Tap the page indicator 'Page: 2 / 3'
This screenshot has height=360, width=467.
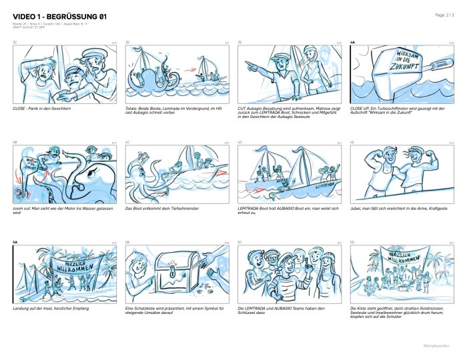click(444, 14)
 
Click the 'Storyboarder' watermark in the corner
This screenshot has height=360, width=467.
click(437, 346)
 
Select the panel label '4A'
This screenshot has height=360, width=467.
click(353, 42)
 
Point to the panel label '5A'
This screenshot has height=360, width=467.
click(15, 242)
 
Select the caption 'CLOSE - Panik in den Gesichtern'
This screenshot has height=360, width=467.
click(41, 108)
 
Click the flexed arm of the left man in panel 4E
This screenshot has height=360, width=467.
click(368, 160)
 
